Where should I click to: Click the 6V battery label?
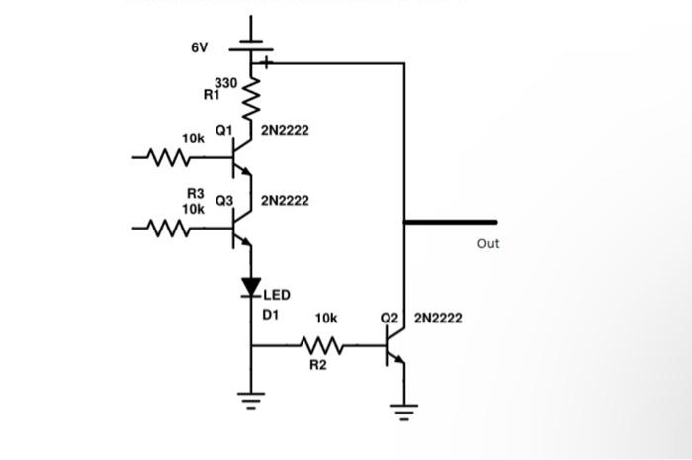[200, 47]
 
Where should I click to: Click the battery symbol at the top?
[251, 48]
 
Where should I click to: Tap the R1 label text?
[211, 96]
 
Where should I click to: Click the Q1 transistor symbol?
[240, 156]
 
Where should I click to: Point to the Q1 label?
[223, 130]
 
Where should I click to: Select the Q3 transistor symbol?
[240, 230]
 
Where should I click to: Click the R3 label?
[196, 194]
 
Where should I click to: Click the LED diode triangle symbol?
[251, 287]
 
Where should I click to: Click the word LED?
[276, 295]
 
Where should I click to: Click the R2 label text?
[318, 366]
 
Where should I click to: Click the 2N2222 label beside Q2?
[437, 319]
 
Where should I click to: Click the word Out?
[487, 243]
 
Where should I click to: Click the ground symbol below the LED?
[251, 400]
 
